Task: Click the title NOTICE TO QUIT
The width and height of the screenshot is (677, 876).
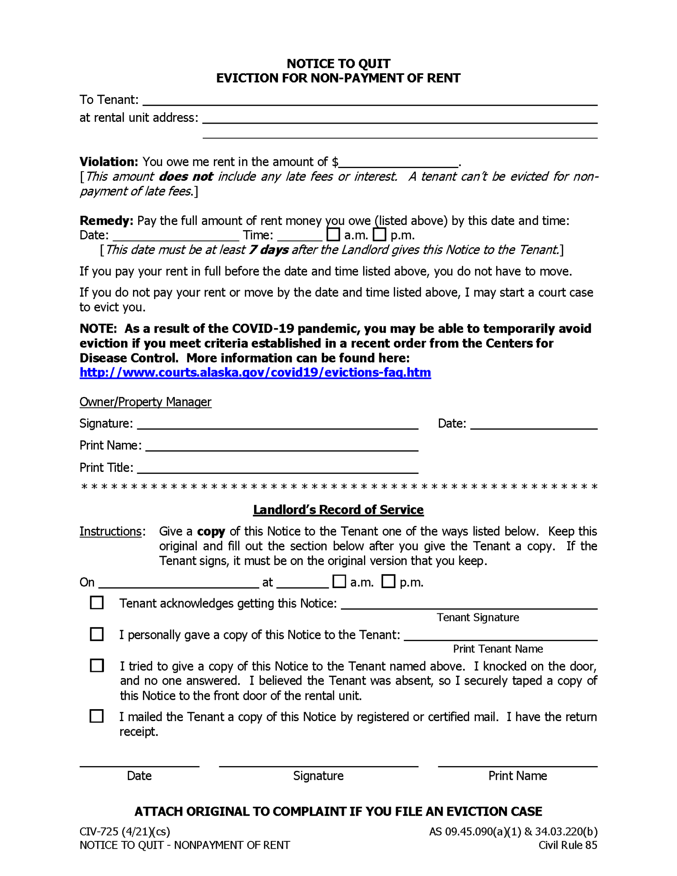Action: point(338,64)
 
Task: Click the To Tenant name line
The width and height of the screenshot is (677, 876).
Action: point(370,101)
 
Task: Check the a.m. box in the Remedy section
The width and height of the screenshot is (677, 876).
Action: point(333,234)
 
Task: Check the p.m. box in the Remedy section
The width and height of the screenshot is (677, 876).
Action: point(379,234)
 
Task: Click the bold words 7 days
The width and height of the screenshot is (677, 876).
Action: point(269,250)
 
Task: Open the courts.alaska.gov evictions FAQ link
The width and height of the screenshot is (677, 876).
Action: point(255,373)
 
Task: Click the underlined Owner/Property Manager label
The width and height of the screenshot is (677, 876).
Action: point(145,402)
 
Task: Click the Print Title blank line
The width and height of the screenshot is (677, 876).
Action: point(277,469)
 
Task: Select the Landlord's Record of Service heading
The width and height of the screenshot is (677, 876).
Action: point(338,510)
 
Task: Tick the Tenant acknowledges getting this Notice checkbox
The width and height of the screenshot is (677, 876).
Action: point(97,603)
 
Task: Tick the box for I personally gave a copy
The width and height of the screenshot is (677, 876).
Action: point(97,634)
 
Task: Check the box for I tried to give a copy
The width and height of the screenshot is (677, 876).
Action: point(97,666)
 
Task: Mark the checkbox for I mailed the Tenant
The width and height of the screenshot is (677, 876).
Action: point(97,716)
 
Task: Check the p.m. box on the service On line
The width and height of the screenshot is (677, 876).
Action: point(388,582)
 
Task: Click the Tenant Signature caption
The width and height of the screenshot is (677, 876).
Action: point(477,618)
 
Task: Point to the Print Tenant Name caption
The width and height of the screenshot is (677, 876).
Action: point(498,649)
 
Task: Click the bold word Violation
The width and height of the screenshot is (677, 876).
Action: point(109,162)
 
